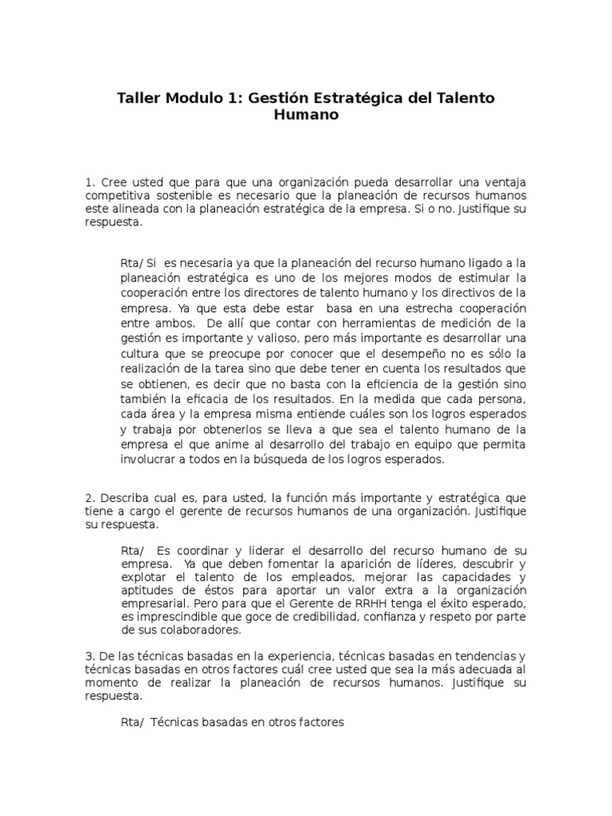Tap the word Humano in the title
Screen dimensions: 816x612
(306, 115)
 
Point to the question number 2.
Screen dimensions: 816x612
(89, 498)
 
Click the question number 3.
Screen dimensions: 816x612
(89, 655)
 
